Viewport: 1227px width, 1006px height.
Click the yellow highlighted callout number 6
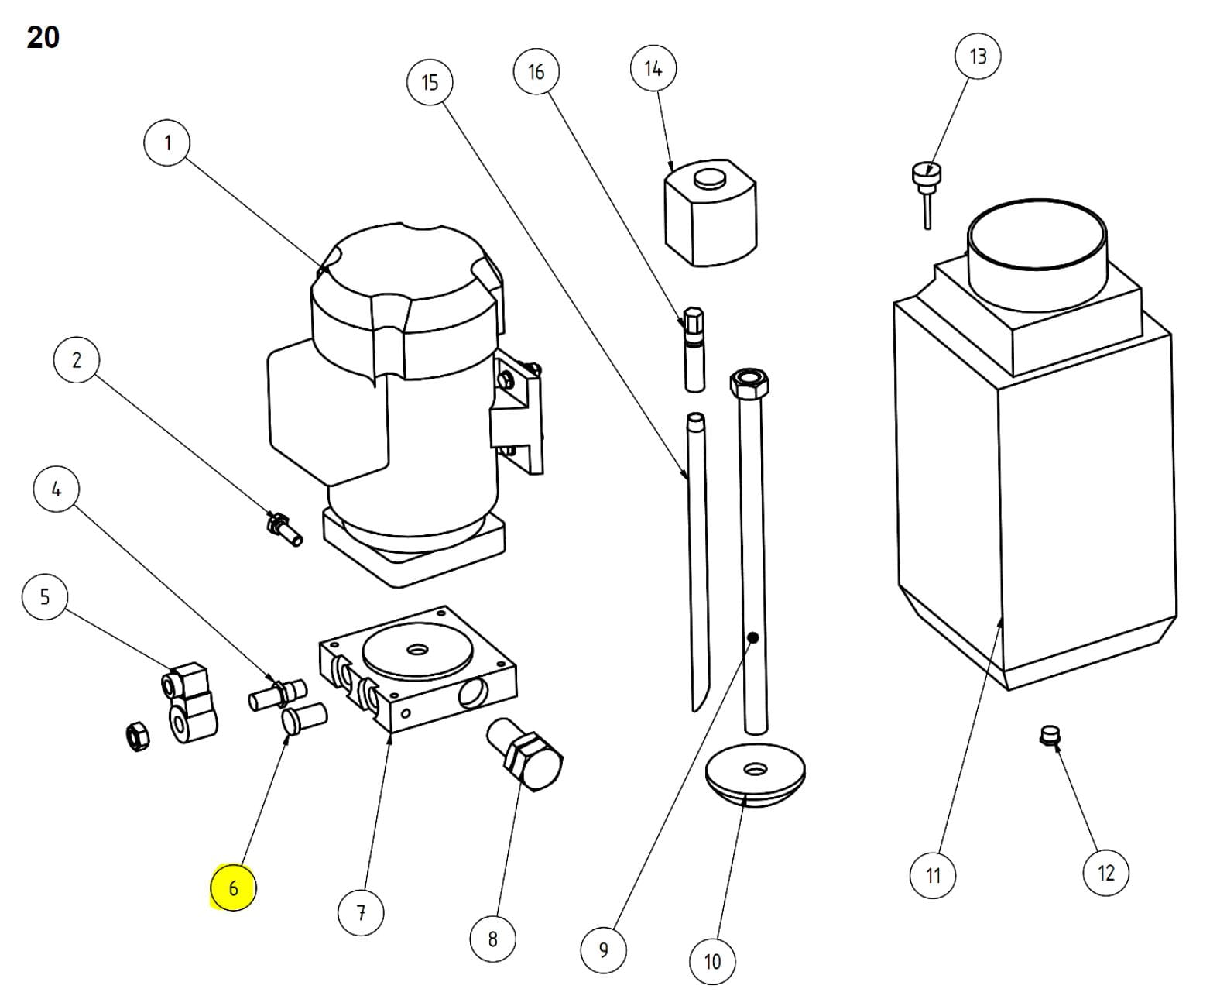click(233, 888)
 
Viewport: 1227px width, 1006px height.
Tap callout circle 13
click(978, 57)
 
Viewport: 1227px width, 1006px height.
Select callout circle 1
click(167, 142)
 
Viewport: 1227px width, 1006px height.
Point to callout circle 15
click(430, 82)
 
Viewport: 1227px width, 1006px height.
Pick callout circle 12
click(1105, 873)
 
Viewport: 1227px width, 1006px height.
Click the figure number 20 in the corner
click(43, 37)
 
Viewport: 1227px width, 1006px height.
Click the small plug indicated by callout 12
click(1049, 734)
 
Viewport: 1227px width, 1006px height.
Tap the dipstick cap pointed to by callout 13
click(926, 172)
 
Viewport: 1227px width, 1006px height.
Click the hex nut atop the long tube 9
click(748, 381)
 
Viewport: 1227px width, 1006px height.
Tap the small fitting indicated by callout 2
click(283, 528)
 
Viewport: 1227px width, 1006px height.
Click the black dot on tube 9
click(752, 638)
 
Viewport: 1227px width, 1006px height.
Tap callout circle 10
click(712, 961)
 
